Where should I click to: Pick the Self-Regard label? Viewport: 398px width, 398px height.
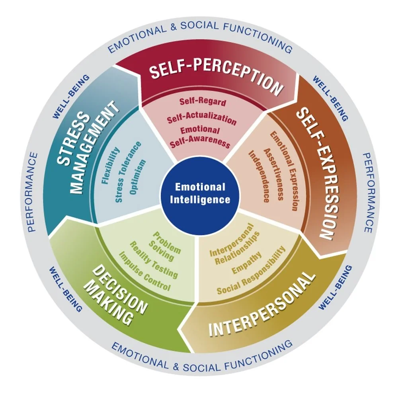click(x=202, y=101)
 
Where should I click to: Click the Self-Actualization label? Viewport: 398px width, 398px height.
click(x=201, y=118)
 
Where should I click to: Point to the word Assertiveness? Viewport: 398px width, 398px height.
click(x=273, y=174)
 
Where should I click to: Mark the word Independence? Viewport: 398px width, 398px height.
click(x=258, y=176)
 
